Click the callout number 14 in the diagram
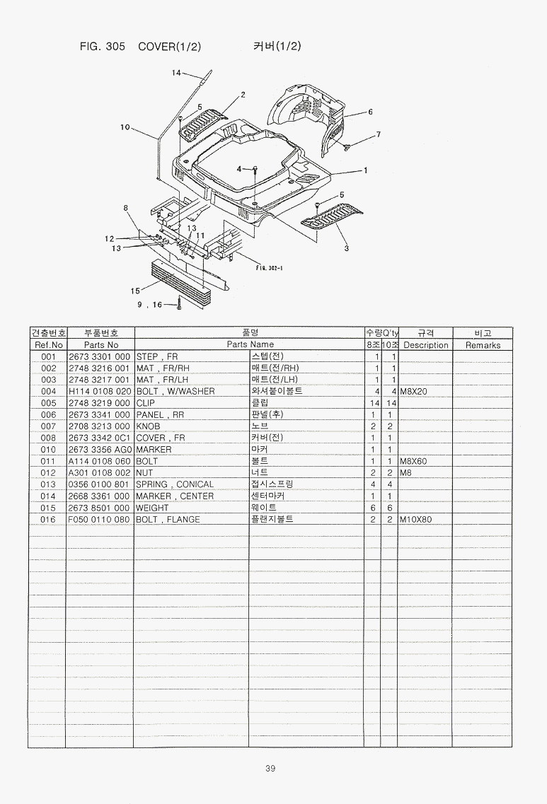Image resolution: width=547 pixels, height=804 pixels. pyautogui.click(x=176, y=73)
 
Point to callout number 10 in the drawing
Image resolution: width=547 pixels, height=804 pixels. pyautogui.click(x=125, y=127)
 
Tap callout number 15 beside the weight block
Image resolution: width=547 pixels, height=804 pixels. pyautogui.click(x=134, y=290)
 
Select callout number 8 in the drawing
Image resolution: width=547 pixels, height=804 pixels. pyautogui.click(x=125, y=207)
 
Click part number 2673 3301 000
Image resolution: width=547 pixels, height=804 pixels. pyautogui.click(x=99, y=356)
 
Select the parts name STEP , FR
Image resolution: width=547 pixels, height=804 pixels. pyautogui.click(x=156, y=356)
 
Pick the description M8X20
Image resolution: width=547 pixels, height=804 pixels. pyautogui.click(x=414, y=391)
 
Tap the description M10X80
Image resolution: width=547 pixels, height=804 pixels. pyautogui.click(x=416, y=520)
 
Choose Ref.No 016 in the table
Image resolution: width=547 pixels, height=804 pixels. pyautogui.click(x=48, y=520)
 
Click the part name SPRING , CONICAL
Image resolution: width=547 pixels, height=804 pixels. pyautogui.click(x=174, y=484)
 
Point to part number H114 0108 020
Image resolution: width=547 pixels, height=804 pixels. pyautogui.click(x=99, y=391)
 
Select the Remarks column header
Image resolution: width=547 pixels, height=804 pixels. pyautogui.click(x=483, y=345)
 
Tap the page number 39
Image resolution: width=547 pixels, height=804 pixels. pyautogui.click(x=270, y=769)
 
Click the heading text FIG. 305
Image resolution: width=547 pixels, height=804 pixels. pyautogui.click(x=103, y=47)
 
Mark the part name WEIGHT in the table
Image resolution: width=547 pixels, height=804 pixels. pyautogui.click(x=152, y=508)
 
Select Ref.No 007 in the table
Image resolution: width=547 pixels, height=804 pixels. pyautogui.click(x=48, y=426)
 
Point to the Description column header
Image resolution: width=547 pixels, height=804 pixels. pyautogui.click(x=426, y=345)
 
